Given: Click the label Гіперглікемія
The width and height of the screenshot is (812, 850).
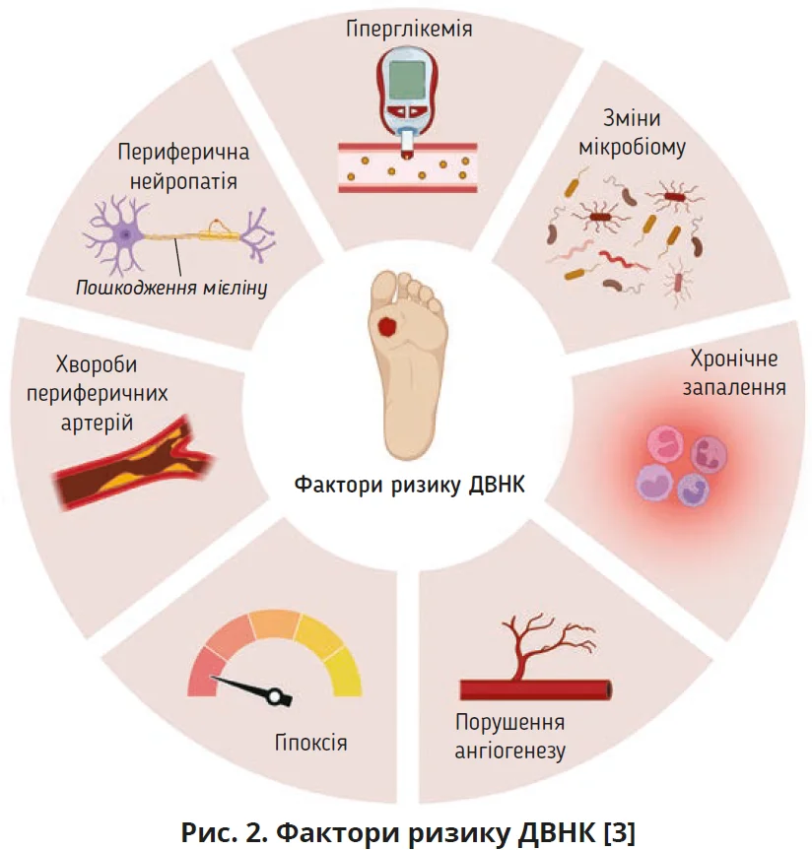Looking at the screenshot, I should [409, 29].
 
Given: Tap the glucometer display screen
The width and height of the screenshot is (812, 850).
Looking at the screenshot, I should [406, 78].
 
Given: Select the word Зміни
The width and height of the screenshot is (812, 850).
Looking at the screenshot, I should [632, 120].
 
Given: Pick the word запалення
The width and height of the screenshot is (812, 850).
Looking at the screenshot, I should [734, 386].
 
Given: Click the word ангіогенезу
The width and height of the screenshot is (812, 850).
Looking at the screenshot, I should [509, 752].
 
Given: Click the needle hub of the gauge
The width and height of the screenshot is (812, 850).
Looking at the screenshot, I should [274, 696].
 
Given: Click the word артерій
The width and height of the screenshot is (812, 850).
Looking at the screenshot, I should [95, 424].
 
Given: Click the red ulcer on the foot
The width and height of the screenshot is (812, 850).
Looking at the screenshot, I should [390, 324].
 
